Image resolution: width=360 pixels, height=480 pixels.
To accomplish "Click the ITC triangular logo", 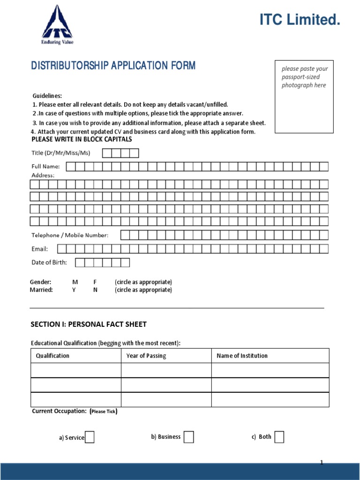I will [57, 23].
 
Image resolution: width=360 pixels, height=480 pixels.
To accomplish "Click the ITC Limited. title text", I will [300, 20].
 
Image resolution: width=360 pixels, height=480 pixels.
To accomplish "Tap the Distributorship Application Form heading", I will [113, 66].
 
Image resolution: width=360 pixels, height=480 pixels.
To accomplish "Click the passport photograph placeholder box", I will [304, 96].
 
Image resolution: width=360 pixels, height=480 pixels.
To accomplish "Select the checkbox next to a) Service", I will [90, 437].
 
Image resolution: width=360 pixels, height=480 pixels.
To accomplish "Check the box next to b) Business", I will [188, 437].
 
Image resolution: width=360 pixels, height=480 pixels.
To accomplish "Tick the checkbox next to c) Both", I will [279, 437].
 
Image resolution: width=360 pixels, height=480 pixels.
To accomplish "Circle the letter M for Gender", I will [75, 282].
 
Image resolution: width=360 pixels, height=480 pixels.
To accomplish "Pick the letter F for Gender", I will [95, 282].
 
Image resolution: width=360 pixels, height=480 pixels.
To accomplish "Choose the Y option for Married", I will [74, 290].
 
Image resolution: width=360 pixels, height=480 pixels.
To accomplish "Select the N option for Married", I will [95, 290].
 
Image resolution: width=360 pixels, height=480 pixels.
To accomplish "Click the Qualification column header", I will [52, 356].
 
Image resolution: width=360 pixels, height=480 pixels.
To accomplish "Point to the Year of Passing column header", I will [146, 356].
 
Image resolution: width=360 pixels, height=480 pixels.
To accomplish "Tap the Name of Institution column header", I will [242, 356].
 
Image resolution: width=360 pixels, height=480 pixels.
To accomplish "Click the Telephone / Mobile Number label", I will [70, 235].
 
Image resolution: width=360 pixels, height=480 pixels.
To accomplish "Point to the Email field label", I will [40, 249].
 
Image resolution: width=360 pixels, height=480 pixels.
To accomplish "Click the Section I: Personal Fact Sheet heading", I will [89, 324].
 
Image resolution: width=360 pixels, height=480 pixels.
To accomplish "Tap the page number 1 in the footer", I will [322, 463].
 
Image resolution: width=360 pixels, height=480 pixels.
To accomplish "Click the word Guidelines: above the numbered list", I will [47, 96].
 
